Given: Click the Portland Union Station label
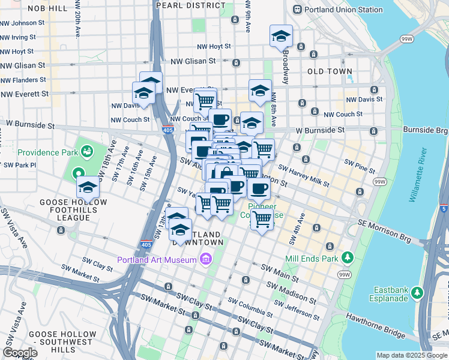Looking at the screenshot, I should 344,10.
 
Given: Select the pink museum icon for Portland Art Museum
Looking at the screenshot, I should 206,259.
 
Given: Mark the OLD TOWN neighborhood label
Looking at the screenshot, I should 330,71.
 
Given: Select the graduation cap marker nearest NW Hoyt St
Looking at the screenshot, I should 281,37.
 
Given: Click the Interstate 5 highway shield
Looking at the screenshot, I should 443,209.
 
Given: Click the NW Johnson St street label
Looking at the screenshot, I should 22,23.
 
